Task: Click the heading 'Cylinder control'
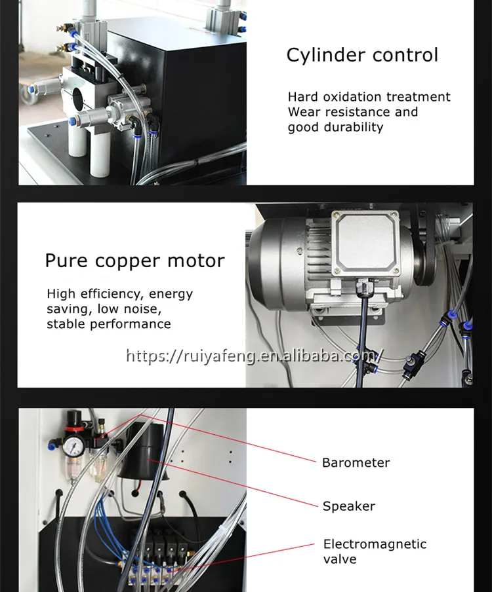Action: (362, 55)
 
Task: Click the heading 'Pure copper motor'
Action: (134, 261)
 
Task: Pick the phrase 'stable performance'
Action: (108, 324)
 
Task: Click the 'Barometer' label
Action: (356, 463)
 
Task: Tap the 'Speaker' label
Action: (348, 506)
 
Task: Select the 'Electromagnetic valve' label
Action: (374, 551)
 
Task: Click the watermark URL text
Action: (253, 356)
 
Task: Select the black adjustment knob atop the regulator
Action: (72, 418)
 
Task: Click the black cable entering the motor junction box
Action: (361, 308)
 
